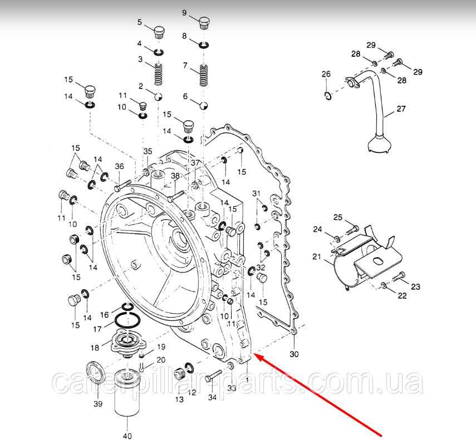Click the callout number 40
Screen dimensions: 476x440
128,436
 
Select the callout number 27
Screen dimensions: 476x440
401,108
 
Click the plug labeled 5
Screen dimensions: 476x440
160,32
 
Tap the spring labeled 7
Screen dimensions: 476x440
204,76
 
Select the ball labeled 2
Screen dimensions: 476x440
158,97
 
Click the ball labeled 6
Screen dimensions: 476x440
203,106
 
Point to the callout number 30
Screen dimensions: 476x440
294,354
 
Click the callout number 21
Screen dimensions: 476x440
317,256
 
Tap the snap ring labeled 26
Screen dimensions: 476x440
327,96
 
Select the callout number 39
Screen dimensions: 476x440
98,404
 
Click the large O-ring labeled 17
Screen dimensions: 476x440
127,320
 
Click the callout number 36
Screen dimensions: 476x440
120,166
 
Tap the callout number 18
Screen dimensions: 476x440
95,348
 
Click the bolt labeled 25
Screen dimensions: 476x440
352,230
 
